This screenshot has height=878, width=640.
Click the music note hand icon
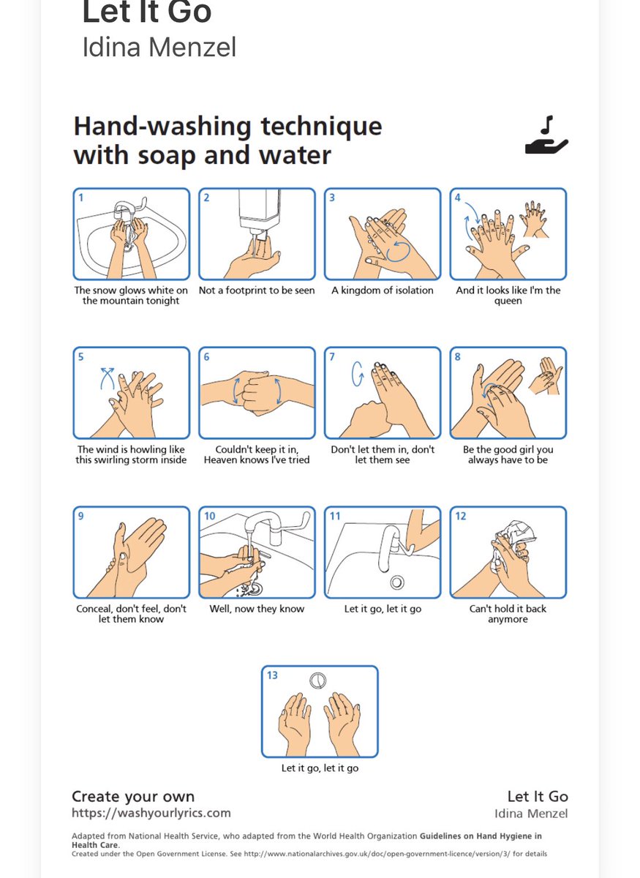[546, 135]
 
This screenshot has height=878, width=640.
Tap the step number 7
[332, 357]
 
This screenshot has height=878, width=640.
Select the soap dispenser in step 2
[260, 214]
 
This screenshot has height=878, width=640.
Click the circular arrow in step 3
[398, 251]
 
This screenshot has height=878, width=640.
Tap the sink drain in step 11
[397, 582]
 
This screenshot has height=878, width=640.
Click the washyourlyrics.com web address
[151, 813]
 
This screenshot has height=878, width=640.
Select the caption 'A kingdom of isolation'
[383, 290]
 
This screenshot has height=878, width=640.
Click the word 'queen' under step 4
[508, 301]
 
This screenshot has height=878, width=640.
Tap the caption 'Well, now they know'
[257, 609]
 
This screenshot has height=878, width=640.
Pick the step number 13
[272, 675]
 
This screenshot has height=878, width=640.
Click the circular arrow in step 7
[358, 374]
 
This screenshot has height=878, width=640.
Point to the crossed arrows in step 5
[108, 378]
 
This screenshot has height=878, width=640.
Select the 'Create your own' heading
[133, 797]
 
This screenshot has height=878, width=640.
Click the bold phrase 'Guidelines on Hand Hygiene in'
[481, 836]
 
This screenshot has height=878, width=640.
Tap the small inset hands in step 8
[546, 375]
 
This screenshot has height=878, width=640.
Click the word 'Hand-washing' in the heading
[162, 126]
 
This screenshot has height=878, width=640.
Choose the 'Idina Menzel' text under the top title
[159, 47]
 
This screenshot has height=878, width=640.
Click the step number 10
[210, 516]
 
